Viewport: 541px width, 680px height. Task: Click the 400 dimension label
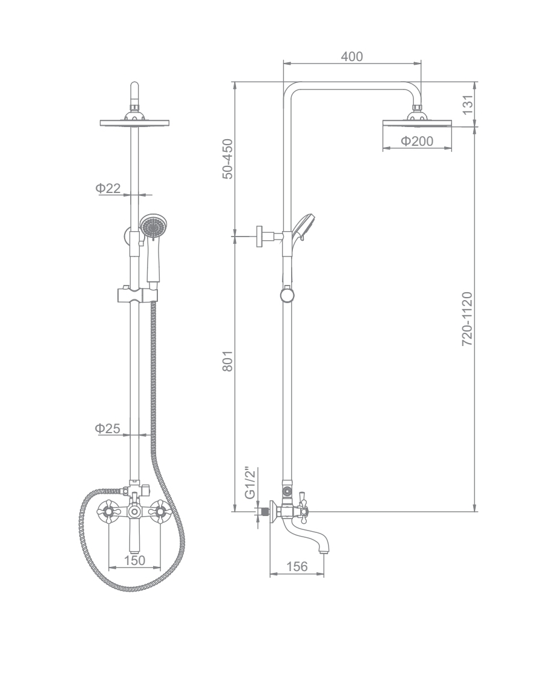tap(352, 56)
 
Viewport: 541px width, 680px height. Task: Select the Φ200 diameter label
tap(417, 141)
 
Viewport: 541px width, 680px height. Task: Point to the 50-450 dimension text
tap(228, 159)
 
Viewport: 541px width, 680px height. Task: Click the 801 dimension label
tap(228, 361)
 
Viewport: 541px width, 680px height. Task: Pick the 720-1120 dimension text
tap(467, 319)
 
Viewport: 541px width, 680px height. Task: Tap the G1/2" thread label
tap(249, 483)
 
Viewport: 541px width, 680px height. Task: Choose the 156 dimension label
tap(297, 566)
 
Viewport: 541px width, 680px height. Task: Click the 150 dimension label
tap(134, 560)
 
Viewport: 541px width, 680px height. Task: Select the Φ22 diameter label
tap(108, 188)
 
